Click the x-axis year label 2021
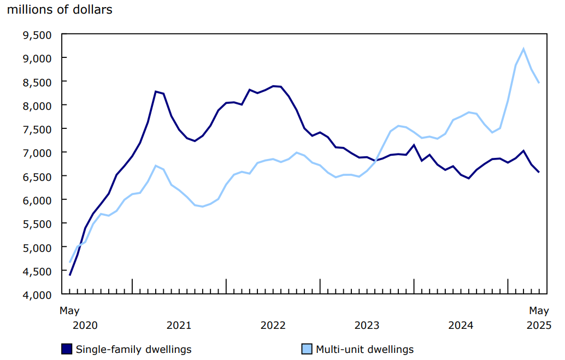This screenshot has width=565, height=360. coord(179,326)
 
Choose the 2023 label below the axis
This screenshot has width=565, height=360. coord(367,326)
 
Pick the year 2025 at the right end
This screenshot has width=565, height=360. coord(539,326)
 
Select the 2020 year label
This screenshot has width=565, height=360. coord(85,326)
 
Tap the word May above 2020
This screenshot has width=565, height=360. coord(69,311)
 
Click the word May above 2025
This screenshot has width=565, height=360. coord(539,311)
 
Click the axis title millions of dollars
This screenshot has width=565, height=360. coord(60,10)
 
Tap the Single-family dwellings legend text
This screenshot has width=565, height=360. coord(134,349)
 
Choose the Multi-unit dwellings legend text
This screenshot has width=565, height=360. coord(365,349)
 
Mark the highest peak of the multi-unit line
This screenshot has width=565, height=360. coord(523,49)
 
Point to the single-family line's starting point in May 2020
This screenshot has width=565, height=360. coord(70,275)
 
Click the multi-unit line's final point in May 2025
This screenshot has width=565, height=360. coord(539,83)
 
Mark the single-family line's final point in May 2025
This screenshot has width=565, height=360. coord(539,172)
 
